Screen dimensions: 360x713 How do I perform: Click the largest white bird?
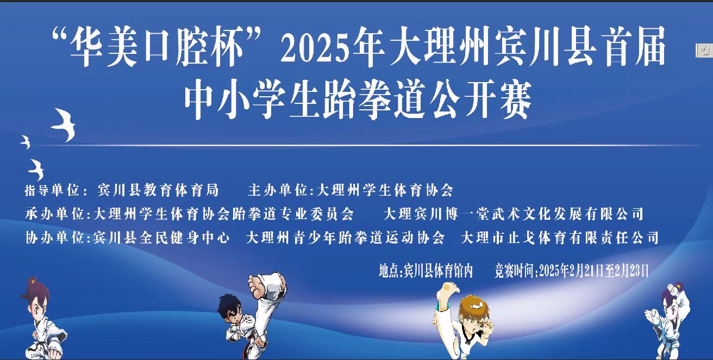pos(64,124)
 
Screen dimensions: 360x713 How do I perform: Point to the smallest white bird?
pos(25,142)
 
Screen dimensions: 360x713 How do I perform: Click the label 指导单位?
pos(52,190)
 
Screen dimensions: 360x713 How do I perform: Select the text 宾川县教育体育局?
pos(158,190)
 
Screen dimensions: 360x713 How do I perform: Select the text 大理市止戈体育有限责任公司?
pos(560,238)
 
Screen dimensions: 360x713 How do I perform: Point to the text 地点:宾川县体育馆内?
pos(427,270)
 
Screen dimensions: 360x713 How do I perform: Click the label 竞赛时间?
pos(514,270)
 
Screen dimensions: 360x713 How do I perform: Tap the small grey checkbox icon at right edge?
pos(704,50)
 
